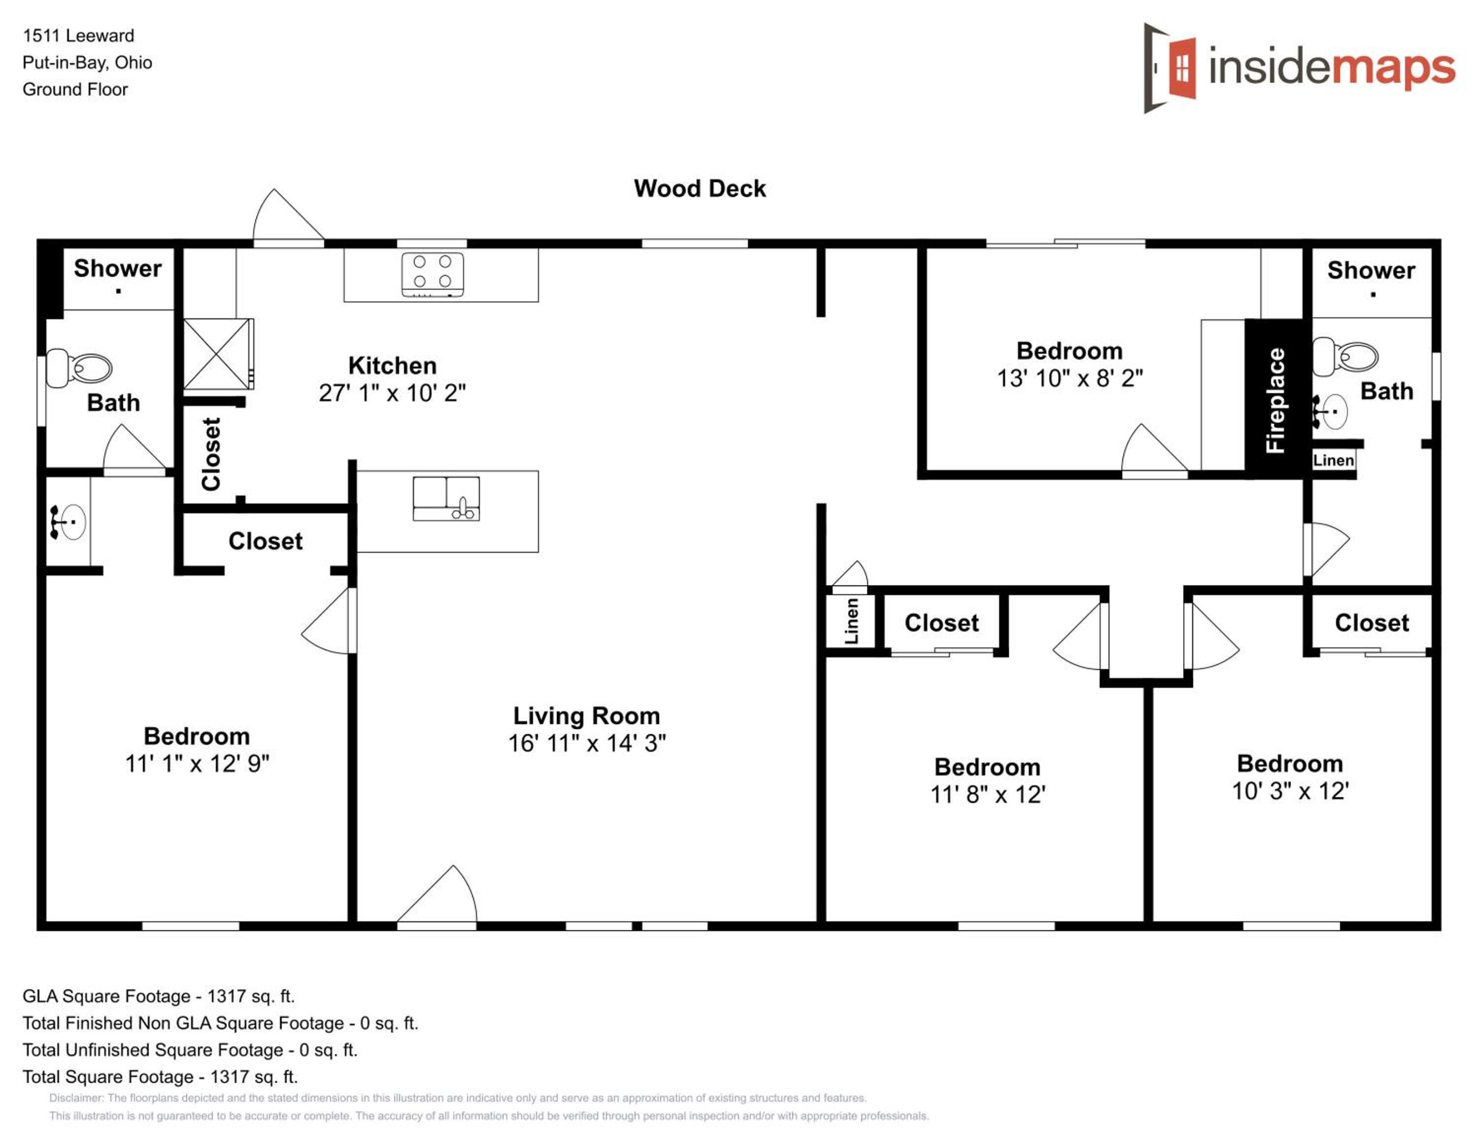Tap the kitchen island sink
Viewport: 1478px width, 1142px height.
pos(446,498)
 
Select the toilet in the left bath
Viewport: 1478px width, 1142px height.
pos(78,368)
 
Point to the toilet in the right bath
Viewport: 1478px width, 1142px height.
pos(1344,357)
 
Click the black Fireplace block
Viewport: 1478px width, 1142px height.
pos(1275,399)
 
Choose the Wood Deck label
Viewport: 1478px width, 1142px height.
pos(700,188)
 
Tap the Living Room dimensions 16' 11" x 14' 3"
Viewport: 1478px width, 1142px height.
pos(587,743)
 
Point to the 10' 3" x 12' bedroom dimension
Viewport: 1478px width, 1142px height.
pos(1290,790)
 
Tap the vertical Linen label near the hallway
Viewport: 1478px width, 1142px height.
pos(851,620)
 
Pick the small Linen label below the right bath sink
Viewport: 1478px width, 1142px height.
pos(1333,460)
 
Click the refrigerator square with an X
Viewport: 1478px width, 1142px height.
pos(217,354)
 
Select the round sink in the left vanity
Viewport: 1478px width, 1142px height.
pos(68,522)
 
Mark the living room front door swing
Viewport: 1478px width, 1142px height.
pos(437,895)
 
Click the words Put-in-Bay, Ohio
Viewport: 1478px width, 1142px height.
pos(87,62)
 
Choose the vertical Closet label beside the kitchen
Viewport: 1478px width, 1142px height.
pos(211,454)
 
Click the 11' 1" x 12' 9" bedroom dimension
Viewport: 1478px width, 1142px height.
pos(197,763)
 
